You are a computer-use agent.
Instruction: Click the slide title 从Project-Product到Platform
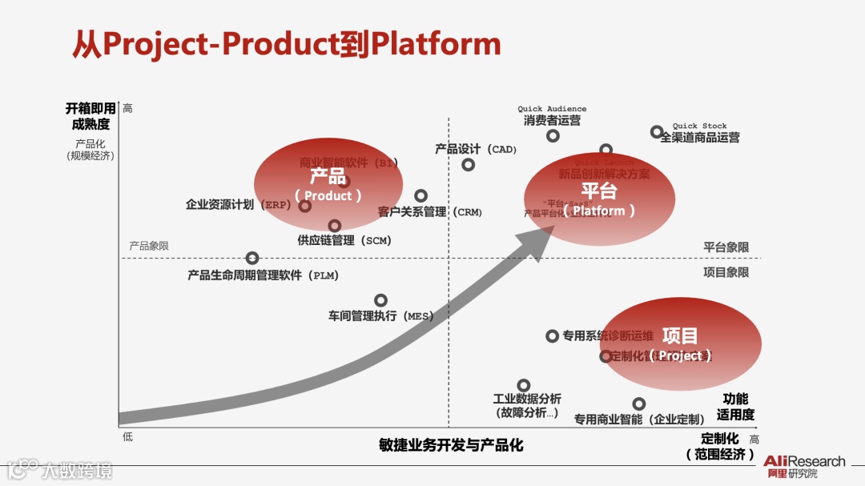(286, 45)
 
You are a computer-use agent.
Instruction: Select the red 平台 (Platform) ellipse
(599, 200)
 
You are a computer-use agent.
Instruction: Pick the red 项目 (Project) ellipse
(680, 345)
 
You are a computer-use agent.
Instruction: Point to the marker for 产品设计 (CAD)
(469, 165)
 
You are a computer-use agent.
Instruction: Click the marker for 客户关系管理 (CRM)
(420, 195)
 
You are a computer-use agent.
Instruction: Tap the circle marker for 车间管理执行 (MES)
(381, 300)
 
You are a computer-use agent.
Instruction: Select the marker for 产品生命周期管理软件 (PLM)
(252, 258)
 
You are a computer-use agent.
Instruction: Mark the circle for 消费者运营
(553, 135)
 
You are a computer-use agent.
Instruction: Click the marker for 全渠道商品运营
(657, 132)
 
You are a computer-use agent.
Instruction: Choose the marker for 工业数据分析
(524, 385)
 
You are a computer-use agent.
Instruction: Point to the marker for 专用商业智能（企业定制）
(639, 404)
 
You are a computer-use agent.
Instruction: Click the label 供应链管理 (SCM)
(344, 240)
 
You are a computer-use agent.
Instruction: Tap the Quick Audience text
(552, 109)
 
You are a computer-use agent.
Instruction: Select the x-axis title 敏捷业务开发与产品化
(451, 445)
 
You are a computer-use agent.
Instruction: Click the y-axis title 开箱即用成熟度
(87, 116)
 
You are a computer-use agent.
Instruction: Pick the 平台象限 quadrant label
(726, 247)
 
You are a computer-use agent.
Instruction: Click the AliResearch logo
(803, 466)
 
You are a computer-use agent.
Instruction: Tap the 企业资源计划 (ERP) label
(238, 205)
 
